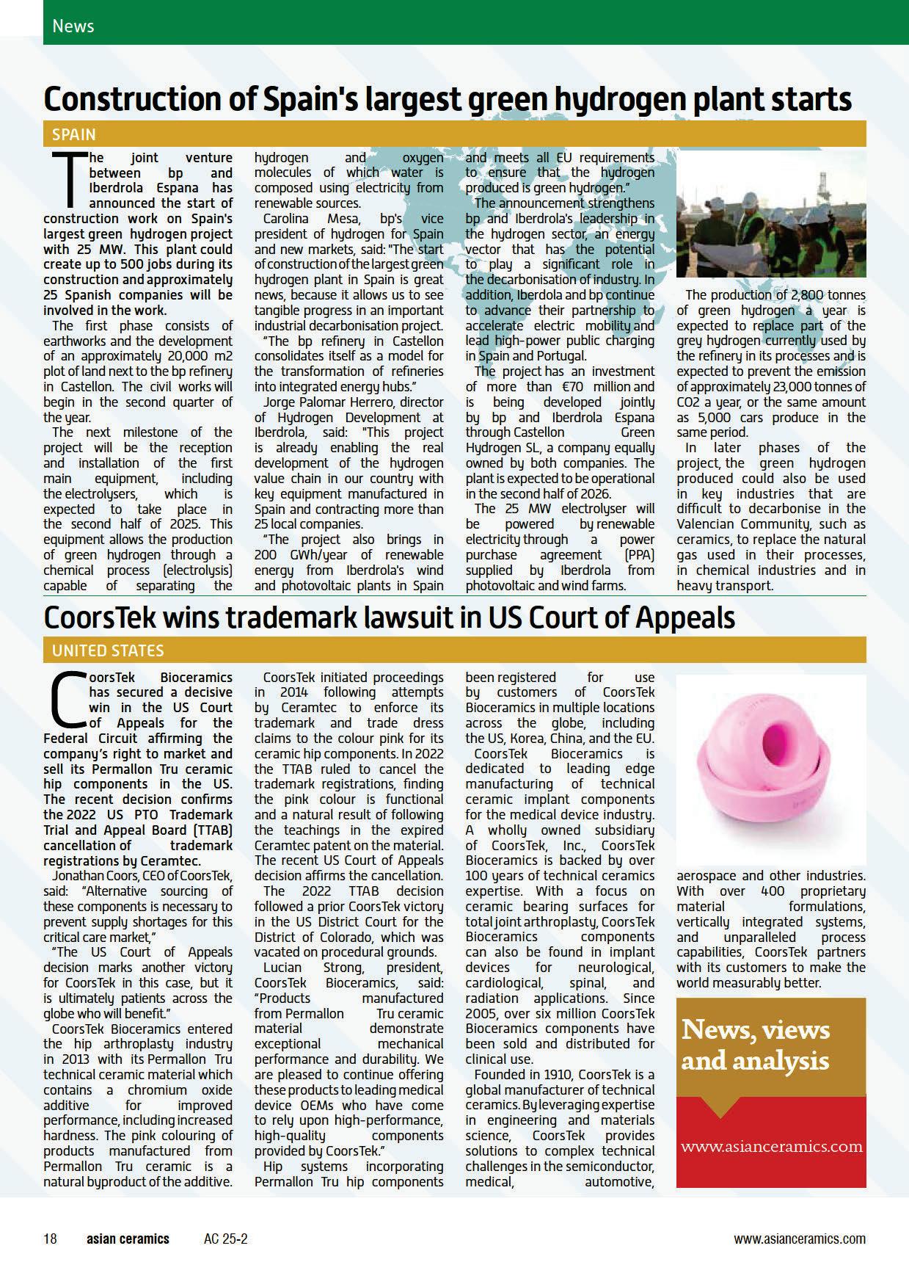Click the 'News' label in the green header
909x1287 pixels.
tap(73, 26)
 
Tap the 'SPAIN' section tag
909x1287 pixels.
tap(74, 135)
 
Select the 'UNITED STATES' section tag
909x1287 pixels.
tap(108, 650)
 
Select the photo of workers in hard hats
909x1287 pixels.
tap(770, 214)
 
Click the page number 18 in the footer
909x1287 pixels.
tap(50, 1239)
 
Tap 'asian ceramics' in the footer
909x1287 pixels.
tap(128, 1239)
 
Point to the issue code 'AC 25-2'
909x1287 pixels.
tap(226, 1239)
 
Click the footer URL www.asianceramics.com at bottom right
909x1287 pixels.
tap(799, 1239)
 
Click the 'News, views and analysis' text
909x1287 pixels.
tap(755, 1045)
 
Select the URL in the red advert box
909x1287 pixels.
tap(771, 1146)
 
